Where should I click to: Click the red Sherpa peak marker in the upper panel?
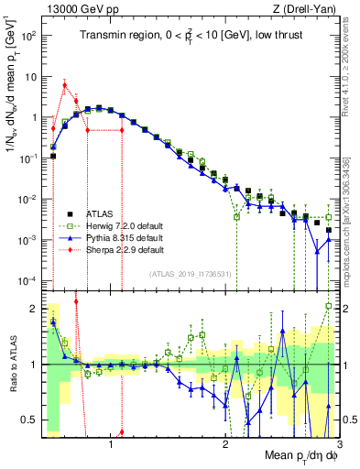coord(64,84)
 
